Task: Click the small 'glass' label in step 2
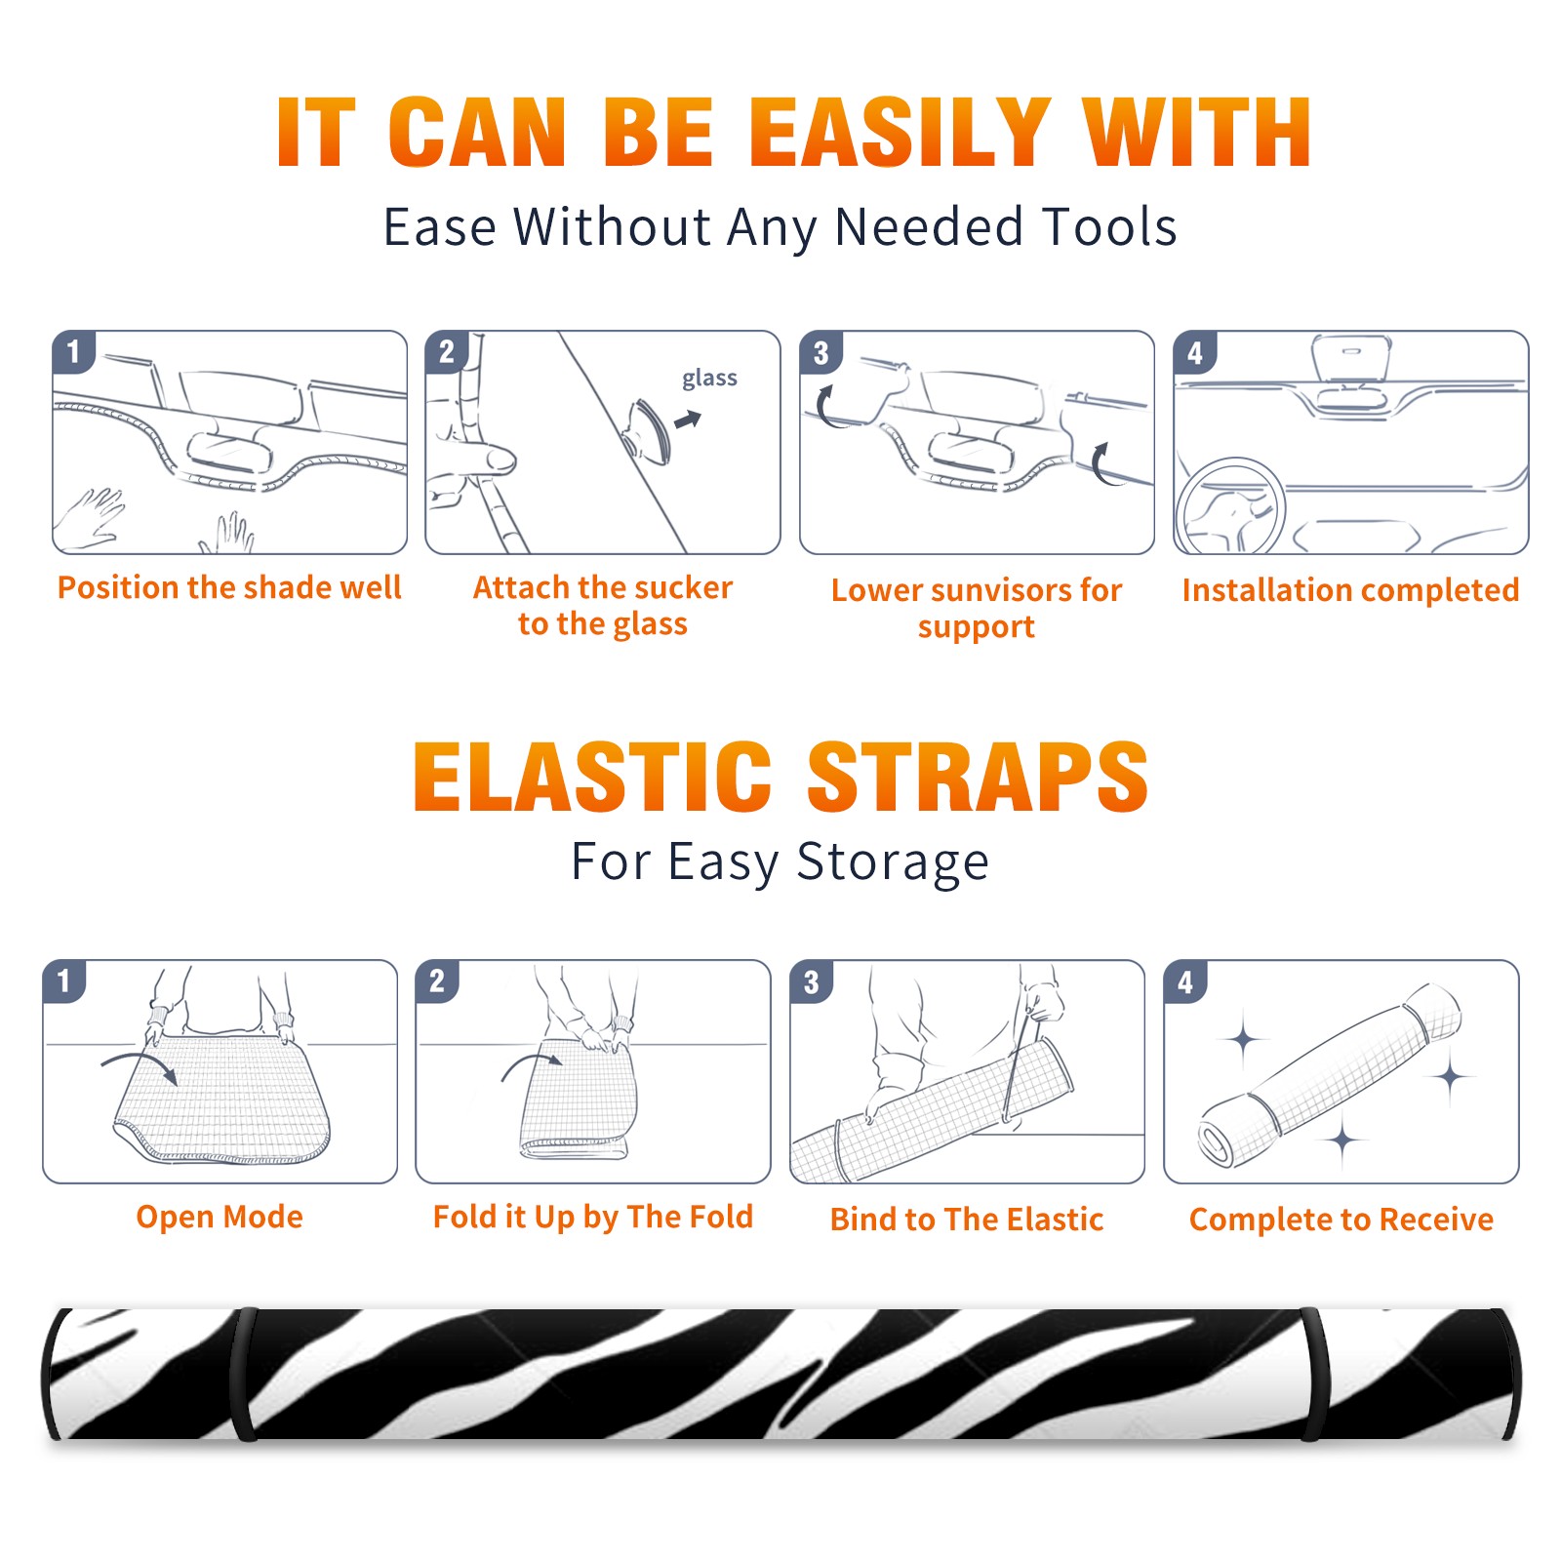pyautogui.click(x=709, y=379)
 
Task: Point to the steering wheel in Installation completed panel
pyautogui.click(x=1230, y=507)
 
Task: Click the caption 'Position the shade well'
pyautogui.click(x=229, y=587)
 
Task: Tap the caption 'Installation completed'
pyautogui.click(x=1350, y=589)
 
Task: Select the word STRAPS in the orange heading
pyautogui.click(x=978, y=777)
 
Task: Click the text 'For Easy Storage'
pyautogui.click(x=780, y=861)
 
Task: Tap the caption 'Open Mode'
pyautogui.click(x=220, y=1217)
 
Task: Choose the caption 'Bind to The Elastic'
pyautogui.click(x=966, y=1219)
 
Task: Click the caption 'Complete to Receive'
pyautogui.click(x=1341, y=1219)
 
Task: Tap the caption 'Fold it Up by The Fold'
pyautogui.click(x=593, y=1217)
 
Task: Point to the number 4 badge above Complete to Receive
pyautogui.click(x=1185, y=981)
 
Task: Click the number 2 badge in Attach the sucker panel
pyautogui.click(x=447, y=351)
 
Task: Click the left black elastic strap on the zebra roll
pyautogui.click(x=243, y=1375)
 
